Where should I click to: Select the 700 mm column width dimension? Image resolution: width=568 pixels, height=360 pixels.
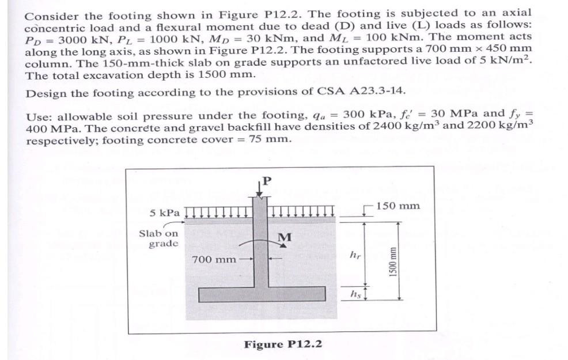(x=214, y=259)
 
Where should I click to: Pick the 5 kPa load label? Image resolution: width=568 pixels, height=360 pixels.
(x=165, y=213)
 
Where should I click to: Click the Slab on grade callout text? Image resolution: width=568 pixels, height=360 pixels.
(x=158, y=238)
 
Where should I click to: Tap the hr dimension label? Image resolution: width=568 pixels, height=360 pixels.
(x=354, y=254)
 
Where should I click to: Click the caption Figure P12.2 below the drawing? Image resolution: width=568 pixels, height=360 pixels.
(x=283, y=344)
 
